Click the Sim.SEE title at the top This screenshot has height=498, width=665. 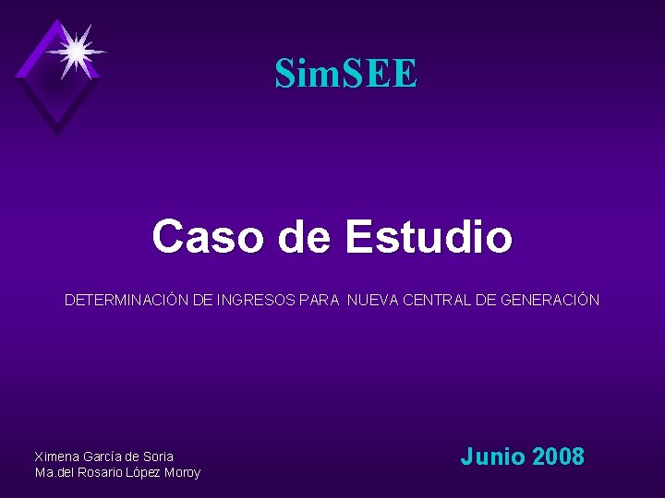345,74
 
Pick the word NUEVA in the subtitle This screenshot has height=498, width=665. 377,300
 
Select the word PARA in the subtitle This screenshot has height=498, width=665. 320,300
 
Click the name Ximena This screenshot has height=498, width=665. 56,456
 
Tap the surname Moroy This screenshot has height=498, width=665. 182,473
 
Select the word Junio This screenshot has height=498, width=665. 493,456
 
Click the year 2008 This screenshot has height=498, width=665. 558,456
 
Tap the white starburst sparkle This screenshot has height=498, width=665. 76,52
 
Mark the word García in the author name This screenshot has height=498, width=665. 103,456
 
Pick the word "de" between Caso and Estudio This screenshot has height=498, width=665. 304,236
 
